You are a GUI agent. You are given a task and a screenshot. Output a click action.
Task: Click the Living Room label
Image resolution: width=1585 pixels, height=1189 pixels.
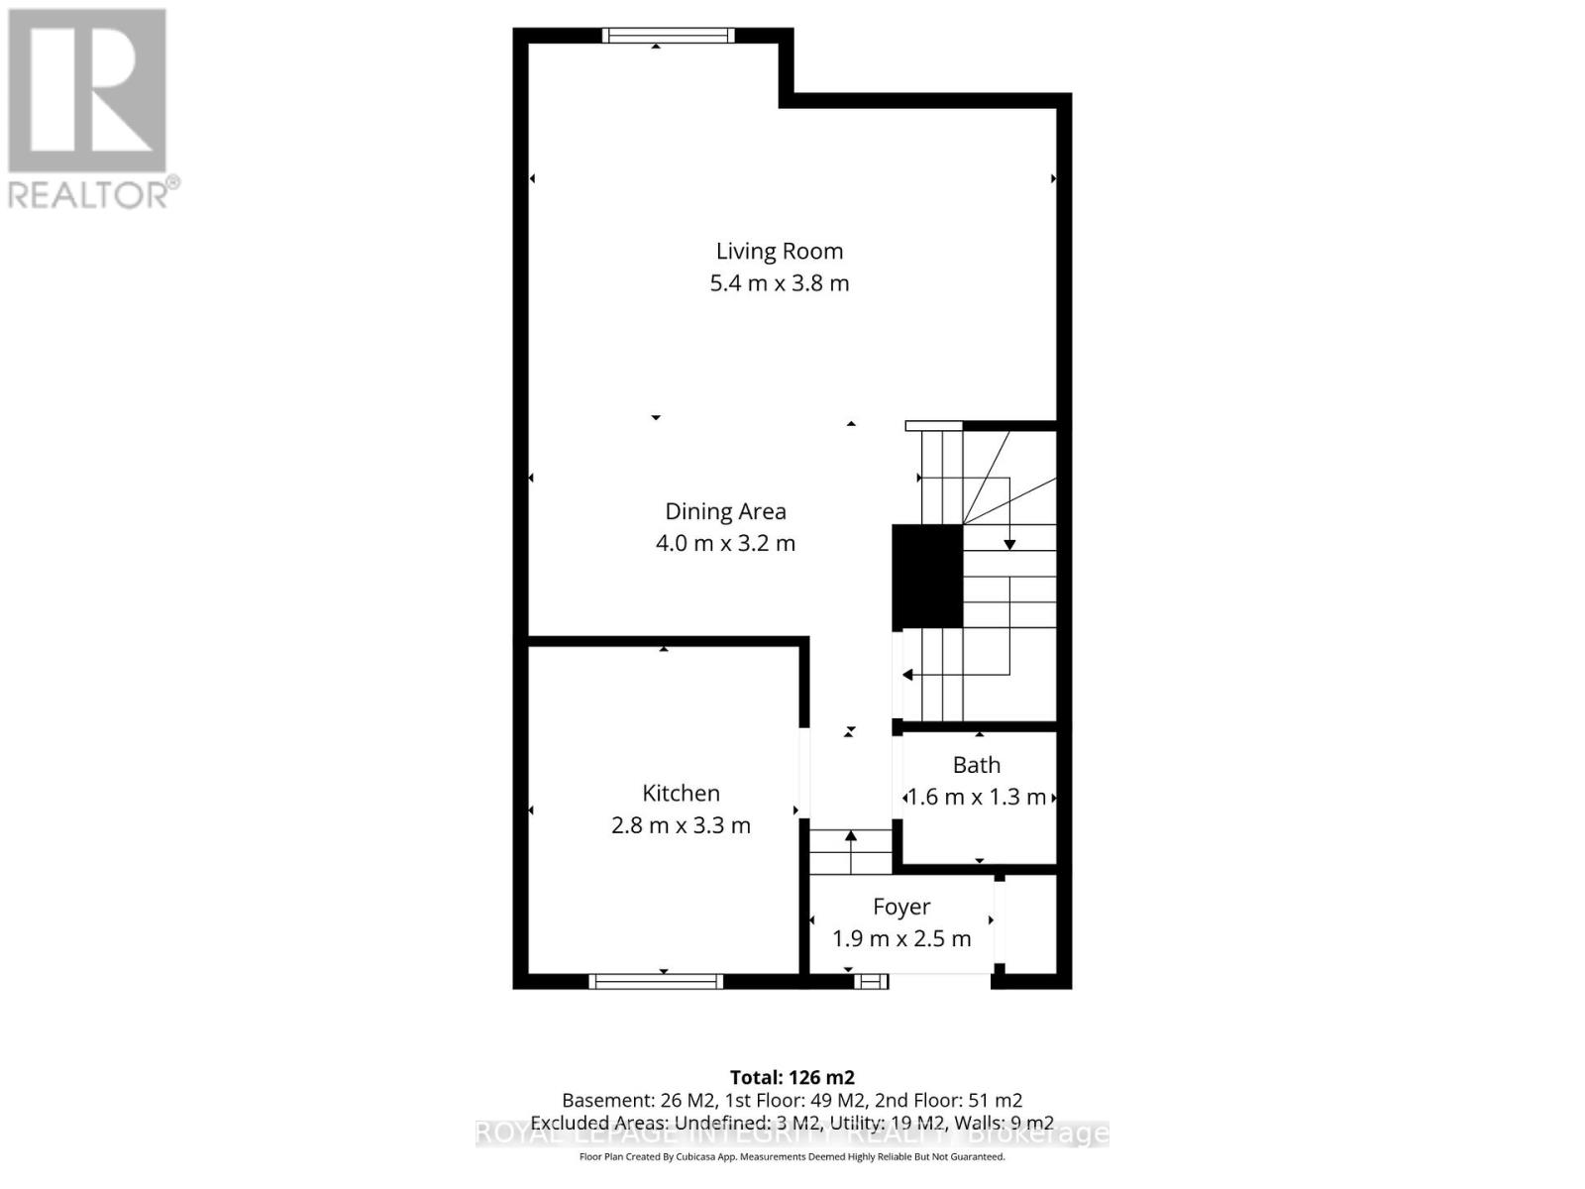click(x=779, y=252)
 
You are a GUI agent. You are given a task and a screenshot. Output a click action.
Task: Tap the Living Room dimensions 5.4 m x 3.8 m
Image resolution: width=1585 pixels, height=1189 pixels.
click(x=779, y=283)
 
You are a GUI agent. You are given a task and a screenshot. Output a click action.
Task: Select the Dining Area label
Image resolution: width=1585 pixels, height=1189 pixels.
click(x=725, y=511)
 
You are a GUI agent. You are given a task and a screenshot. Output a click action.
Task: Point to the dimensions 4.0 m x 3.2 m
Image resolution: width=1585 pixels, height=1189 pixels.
click(x=725, y=543)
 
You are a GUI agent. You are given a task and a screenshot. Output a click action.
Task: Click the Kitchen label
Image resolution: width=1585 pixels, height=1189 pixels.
click(x=681, y=793)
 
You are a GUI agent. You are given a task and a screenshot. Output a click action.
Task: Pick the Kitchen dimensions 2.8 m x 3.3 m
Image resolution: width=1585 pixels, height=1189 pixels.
click(x=681, y=825)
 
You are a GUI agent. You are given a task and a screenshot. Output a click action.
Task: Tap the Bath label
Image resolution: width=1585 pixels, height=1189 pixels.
click(x=976, y=765)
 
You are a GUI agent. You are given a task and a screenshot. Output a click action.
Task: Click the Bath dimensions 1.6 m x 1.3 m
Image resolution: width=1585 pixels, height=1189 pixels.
click(x=976, y=797)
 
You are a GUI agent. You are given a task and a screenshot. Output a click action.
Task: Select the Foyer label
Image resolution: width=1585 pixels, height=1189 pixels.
click(x=900, y=907)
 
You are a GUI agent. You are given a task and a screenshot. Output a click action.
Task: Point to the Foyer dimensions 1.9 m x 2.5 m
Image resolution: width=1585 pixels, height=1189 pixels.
click(x=900, y=938)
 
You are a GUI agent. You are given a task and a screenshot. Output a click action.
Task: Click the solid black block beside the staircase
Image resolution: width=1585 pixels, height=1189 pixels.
click(x=927, y=576)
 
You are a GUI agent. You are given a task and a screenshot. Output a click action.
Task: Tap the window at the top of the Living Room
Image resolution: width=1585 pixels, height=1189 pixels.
click(x=669, y=36)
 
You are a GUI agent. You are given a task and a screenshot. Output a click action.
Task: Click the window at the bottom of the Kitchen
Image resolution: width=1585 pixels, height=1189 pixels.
click(x=656, y=981)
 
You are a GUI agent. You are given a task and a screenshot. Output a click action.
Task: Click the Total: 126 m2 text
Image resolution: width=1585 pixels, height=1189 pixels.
click(x=792, y=1077)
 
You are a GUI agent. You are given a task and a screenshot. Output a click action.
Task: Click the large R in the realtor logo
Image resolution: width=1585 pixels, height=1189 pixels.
click(x=87, y=91)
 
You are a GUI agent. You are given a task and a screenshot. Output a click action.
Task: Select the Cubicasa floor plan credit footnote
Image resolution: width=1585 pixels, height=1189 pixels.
click(x=792, y=1156)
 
